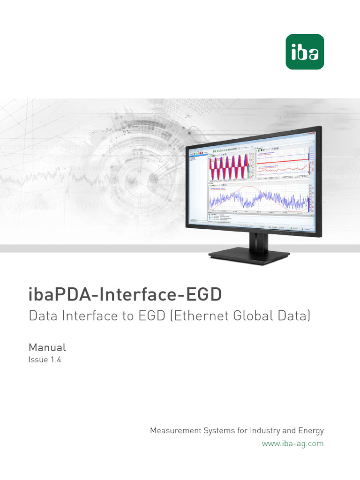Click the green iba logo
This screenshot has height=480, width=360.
(x=305, y=52)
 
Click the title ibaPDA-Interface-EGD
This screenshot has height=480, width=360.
(x=125, y=295)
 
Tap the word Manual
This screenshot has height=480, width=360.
(x=47, y=347)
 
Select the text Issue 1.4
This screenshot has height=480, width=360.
(x=45, y=360)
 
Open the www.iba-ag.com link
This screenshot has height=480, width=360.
(x=292, y=443)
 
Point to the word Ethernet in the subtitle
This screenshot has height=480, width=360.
(x=200, y=316)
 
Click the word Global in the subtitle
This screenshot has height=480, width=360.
(x=255, y=316)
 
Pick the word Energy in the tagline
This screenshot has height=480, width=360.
(x=311, y=430)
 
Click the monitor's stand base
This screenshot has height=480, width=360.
(x=249, y=256)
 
